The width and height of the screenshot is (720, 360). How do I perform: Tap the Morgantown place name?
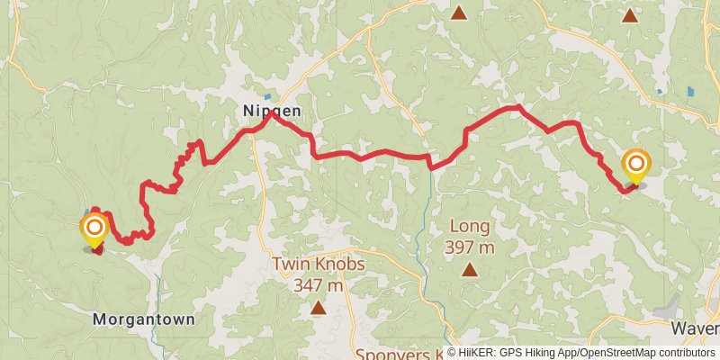tap(144, 319)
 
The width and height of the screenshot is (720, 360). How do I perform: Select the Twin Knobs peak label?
tap(319, 265)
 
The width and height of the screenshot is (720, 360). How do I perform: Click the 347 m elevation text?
tap(319, 285)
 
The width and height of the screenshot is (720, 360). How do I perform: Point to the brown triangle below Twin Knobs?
tap(318, 309)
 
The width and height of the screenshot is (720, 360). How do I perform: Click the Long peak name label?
tap(468, 226)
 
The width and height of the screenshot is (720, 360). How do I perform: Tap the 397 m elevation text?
tap(468, 247)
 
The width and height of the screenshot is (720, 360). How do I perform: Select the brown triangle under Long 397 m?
tap(469, 269)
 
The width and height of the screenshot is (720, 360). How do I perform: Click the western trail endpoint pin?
tap(94, 228)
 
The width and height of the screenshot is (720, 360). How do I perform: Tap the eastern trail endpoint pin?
tap(636, 165)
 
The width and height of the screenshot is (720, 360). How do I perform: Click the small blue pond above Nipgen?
tap(267, 96)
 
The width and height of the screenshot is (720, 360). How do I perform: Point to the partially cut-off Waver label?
tap(698, 328)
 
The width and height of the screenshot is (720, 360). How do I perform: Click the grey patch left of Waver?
tap(670, 305)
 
